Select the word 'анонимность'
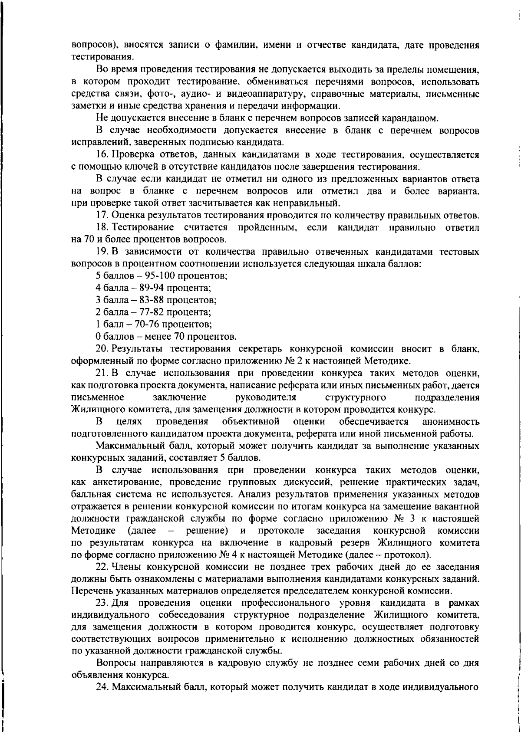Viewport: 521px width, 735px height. (451, 421)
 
